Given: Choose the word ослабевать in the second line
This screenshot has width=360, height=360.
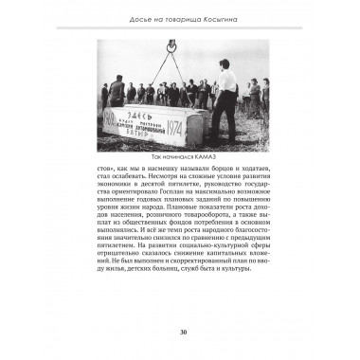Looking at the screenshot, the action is point(136,177).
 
